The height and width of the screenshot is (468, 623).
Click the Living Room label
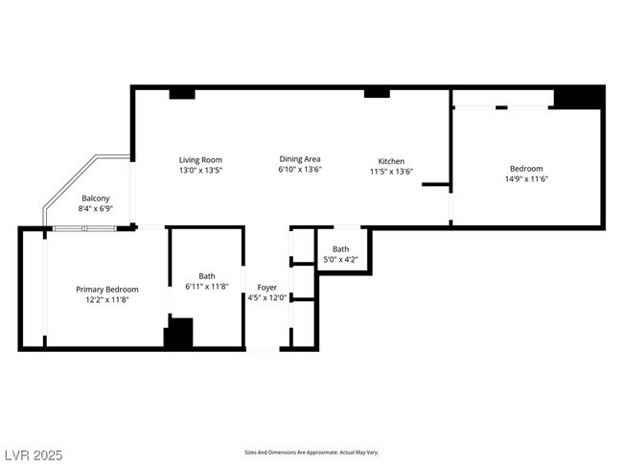(200, 160)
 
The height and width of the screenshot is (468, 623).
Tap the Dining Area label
(300, 159)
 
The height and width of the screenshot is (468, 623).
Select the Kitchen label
(391, 161)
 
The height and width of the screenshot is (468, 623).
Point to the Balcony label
(95, 198)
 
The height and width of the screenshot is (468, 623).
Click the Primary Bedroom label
(107, 290)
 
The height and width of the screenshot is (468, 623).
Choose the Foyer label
(267, 288)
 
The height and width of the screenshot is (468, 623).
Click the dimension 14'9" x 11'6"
(526, 179)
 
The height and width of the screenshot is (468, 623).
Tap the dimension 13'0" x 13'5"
(200, 170)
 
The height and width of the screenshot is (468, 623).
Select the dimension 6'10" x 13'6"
(300, 169)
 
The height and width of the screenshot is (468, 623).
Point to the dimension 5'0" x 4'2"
(340, 260)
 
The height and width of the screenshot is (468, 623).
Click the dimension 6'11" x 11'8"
(207, 287)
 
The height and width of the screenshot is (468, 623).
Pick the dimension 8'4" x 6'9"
(95, 208)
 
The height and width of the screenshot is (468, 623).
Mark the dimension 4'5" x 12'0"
(267, 298)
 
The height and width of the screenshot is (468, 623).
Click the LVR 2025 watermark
(34, 455)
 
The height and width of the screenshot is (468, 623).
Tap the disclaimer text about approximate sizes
(311, 453)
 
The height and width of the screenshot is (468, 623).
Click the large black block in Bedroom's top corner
(579, 98)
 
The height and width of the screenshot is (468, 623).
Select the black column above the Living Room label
(182, 94)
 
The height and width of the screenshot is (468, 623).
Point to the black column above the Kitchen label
(377, 93)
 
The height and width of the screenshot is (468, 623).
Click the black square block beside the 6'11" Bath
(179, 333)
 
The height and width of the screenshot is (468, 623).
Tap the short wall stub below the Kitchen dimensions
(436, 184)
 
